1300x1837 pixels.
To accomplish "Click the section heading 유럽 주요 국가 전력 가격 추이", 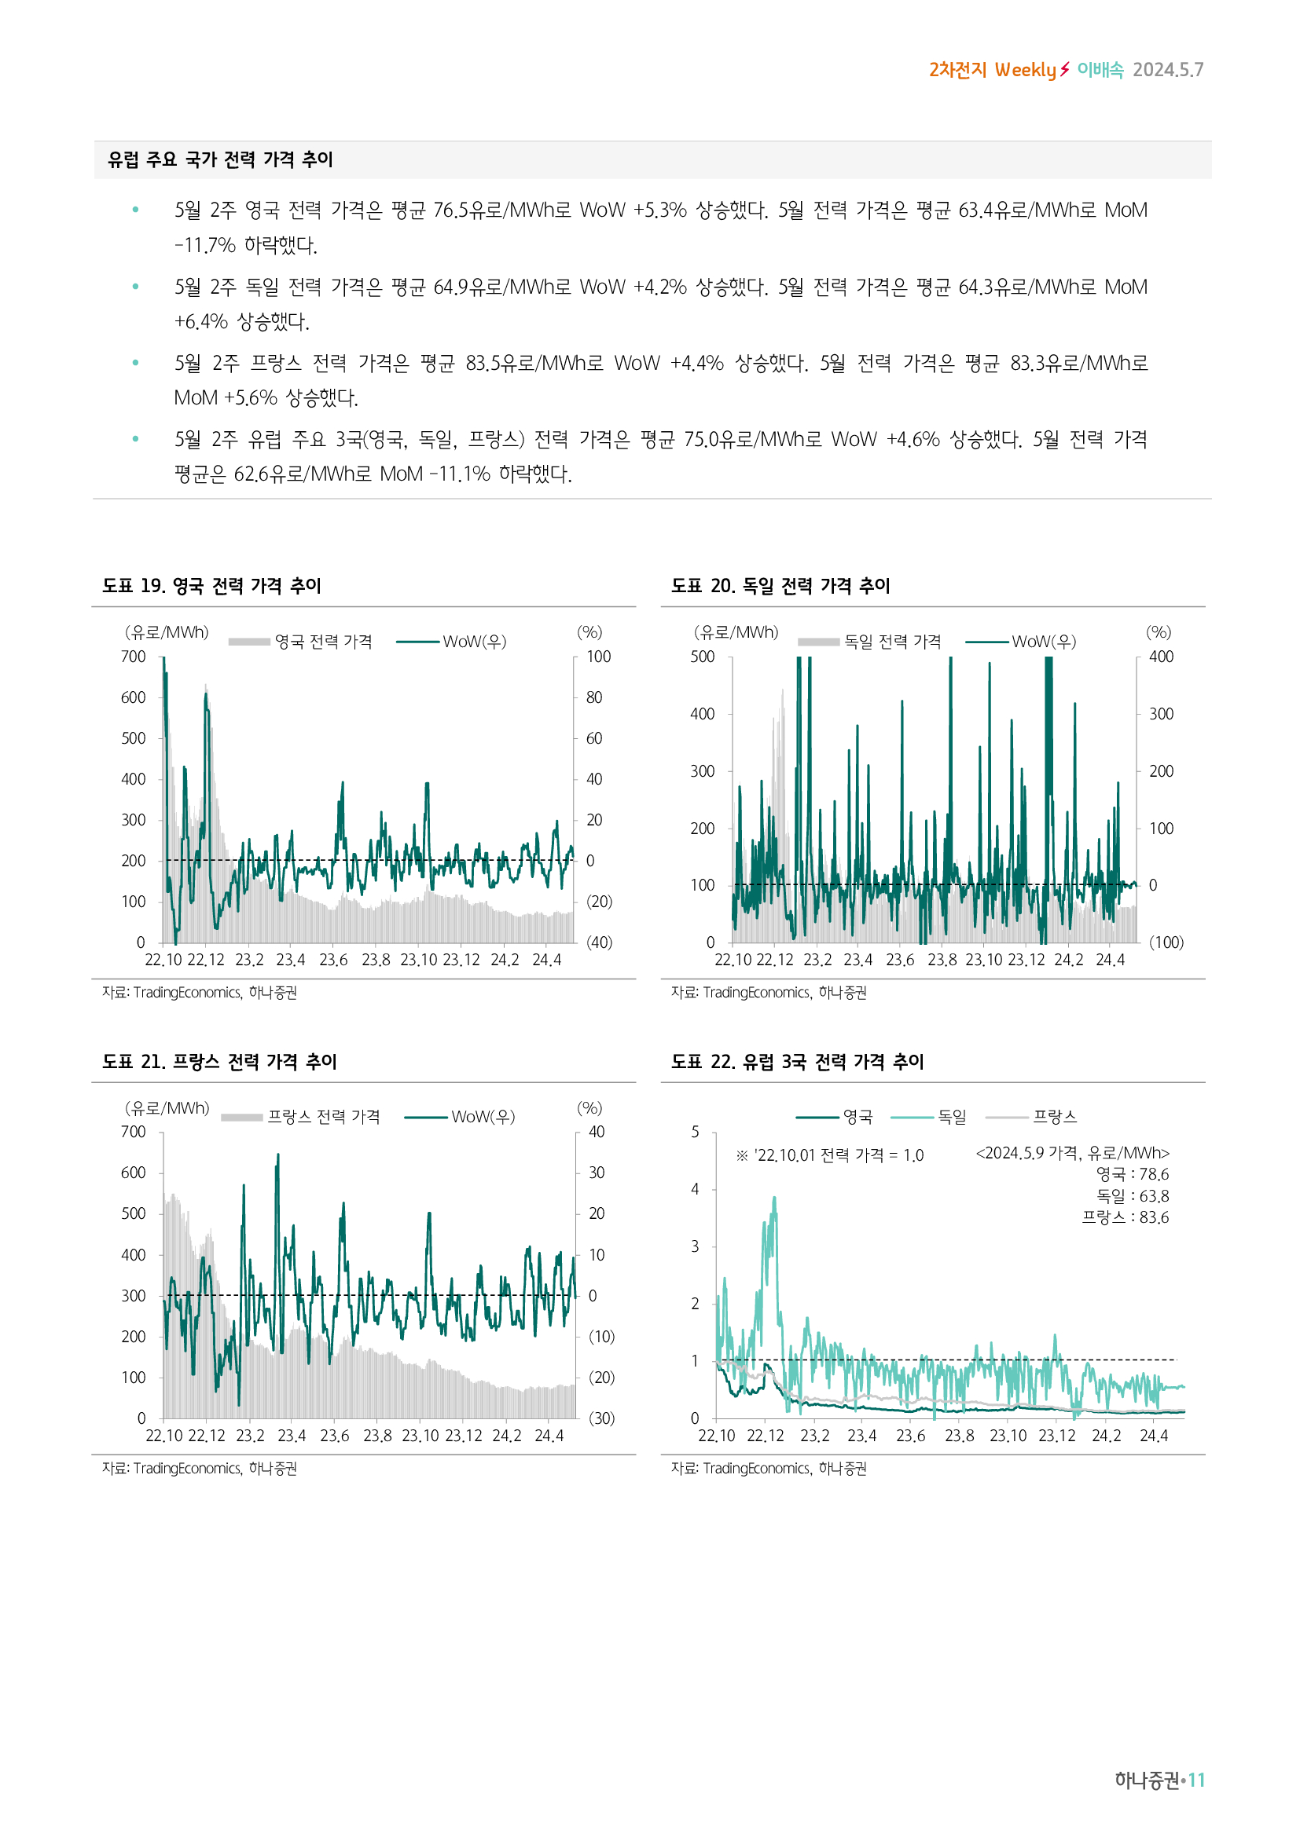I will (x=220, y=160).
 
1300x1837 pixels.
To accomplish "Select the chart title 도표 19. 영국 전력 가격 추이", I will (x=211, y=586).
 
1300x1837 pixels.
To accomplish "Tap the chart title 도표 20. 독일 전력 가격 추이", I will (x=780, y=586).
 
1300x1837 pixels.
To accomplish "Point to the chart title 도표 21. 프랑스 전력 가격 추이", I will (x=219, y=1062).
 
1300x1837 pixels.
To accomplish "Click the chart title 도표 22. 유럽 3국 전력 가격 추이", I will (x=797, y=1062).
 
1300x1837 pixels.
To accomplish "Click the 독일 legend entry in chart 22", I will (x=952, y=1117).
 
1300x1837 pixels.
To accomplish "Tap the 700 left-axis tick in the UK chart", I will (x=134, y=657).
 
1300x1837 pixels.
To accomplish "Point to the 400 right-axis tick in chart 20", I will (x=1161, y=657).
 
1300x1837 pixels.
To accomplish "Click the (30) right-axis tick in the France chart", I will (x=601, y=1418).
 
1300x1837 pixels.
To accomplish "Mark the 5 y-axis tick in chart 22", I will (x=695, y=1133).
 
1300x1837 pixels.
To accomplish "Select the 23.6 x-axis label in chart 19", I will (x=333, y=960).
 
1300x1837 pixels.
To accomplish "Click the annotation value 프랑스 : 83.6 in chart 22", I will (x=1126, y=1218).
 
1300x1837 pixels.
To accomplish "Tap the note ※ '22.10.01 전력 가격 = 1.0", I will (x=830, y=1155).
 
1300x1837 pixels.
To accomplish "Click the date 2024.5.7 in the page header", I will (x=1168, y=71).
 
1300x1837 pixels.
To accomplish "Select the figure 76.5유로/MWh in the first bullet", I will (x=502, y=210).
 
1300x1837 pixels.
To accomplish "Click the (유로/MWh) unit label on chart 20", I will (x=736, y=633).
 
